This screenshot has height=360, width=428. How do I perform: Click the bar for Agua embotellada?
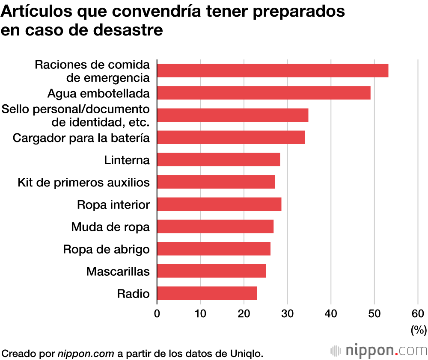264,93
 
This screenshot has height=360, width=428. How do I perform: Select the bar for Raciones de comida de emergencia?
273,71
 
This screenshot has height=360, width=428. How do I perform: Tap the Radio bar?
207,293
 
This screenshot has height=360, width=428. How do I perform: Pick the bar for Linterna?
219,159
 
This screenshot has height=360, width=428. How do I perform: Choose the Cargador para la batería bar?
231,137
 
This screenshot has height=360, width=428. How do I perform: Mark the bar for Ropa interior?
219,204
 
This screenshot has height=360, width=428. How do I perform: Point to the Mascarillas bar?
211,271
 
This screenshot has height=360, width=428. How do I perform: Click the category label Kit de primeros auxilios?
83,183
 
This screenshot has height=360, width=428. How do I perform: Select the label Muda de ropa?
110,227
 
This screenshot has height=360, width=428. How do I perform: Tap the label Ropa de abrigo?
106,249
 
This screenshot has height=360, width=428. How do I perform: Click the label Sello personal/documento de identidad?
76,115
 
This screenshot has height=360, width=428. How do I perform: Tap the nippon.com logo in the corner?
379,351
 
